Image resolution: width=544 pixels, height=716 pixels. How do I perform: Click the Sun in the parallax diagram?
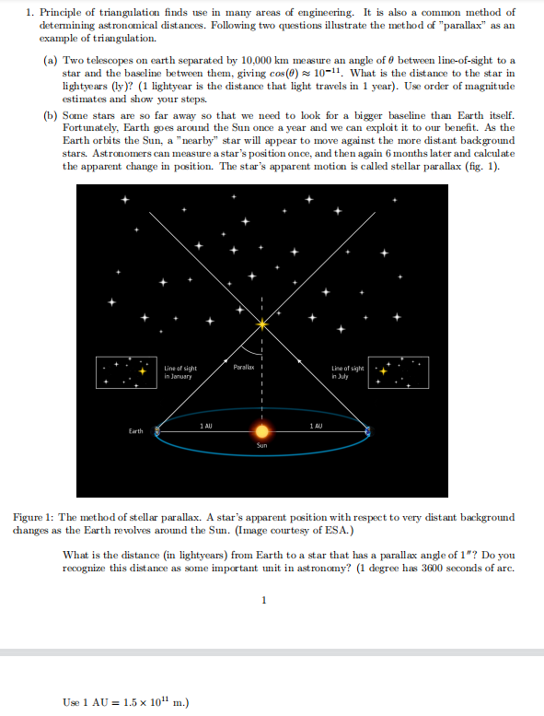[x=262, y=430]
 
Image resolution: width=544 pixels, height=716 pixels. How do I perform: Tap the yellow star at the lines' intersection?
[x=262, y=324]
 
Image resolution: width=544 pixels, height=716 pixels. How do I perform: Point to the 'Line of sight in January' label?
[x=179, y=372]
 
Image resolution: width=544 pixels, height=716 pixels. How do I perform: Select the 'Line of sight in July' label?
[x=349, y=372]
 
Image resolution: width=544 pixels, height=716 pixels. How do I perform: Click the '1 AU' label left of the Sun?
[x=208, y=424]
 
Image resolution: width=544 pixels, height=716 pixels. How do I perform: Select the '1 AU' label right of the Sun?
[x=316, y=424]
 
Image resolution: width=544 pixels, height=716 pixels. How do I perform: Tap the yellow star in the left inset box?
[x=143, y=370]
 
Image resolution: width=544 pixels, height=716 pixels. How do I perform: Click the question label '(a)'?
[x=52, y=60]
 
